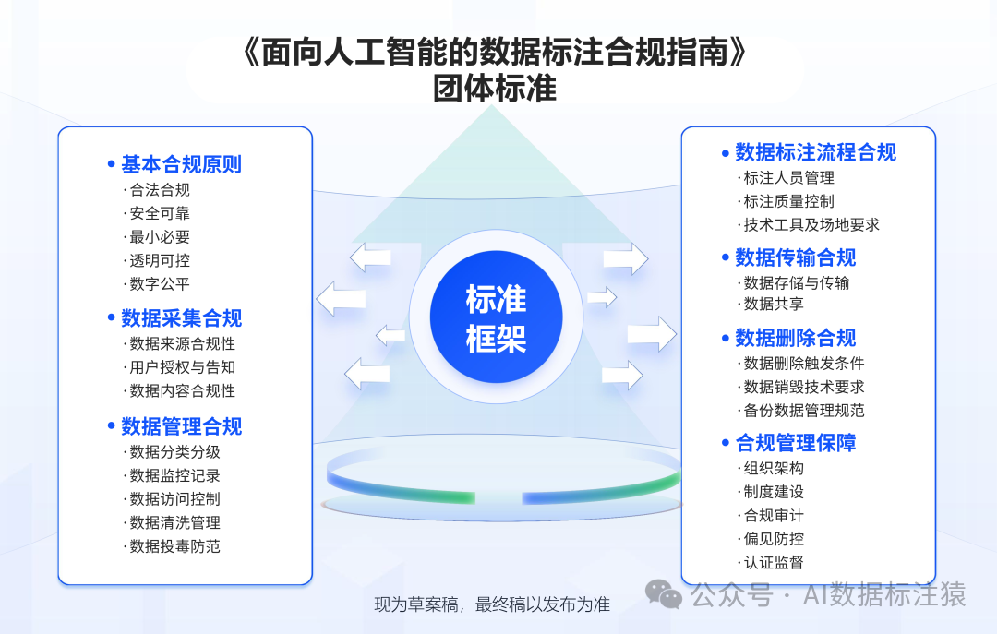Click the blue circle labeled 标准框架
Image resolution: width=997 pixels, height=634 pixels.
click(x=496, y=317)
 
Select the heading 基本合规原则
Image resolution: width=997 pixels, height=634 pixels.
click(x=181, y=164)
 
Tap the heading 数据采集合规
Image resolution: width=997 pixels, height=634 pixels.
click(x=181, y=318)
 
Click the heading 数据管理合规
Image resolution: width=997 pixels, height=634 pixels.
click(x=181, y=426)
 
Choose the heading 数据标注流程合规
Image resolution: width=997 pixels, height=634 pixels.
click(x=816, y=152)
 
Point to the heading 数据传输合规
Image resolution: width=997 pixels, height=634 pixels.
click(x=796, y=257)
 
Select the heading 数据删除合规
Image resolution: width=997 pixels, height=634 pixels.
click(x=796, y=338)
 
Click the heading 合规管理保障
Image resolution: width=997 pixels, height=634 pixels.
click(x=796, y=443)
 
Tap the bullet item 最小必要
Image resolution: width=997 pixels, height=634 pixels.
click(x=160, y=237)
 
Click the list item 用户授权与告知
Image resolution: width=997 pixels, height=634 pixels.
click(x=183, y=367)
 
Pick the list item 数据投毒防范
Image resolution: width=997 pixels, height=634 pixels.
click(x=174, y=546)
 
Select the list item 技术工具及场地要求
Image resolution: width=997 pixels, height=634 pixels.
click(x=811, y=224)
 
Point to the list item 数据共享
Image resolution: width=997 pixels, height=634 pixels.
click(x=774, y=304)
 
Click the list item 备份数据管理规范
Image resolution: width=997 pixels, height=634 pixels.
click(x=804, y=410)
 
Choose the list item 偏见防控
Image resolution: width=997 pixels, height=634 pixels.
click(x=774, y=539)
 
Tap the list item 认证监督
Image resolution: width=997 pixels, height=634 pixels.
click(x=774, y=562)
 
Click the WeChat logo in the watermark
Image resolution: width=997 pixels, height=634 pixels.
click(x=664, y=594)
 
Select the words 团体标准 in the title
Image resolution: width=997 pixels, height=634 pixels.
click(x=495, y=89)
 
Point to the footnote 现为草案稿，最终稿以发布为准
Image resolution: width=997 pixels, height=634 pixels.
click(x=492, y=604)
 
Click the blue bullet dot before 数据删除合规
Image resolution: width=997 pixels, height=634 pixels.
click(x=726, y=339)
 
